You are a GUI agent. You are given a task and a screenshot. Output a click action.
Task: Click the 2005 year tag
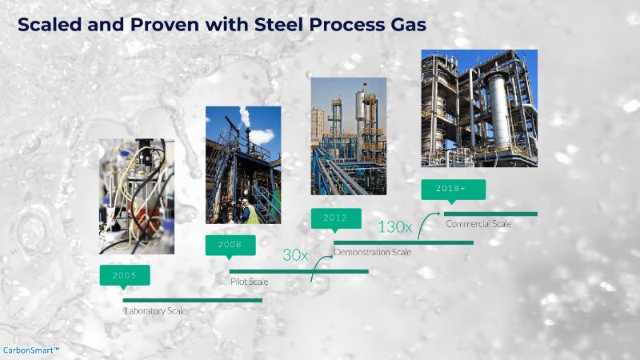pos(125,275)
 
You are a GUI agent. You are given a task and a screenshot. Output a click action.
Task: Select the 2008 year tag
pos(230,246)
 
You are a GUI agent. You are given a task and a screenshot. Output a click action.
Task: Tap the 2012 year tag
pos(336,218)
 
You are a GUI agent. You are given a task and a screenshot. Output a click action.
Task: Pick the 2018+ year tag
pos(453,190)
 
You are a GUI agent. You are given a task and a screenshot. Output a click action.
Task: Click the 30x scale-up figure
pos(295,255)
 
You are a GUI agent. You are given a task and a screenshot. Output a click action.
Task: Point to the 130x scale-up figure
pos(394,227)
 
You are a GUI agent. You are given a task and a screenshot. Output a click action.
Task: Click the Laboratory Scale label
pos(155,311)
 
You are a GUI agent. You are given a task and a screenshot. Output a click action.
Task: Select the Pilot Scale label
pos(249,282)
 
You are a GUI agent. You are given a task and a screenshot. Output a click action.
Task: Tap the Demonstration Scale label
pos(372,252)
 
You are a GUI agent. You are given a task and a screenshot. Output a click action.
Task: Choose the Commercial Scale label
pos(478,224)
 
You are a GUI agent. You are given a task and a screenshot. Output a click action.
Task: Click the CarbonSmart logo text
pos(31,350)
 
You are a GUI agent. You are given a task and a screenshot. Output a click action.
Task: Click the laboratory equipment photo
pos(136,196)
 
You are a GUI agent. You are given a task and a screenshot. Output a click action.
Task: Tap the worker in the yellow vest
pos(250,212)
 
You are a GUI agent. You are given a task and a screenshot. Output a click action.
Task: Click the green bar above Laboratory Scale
pos(193,301)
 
